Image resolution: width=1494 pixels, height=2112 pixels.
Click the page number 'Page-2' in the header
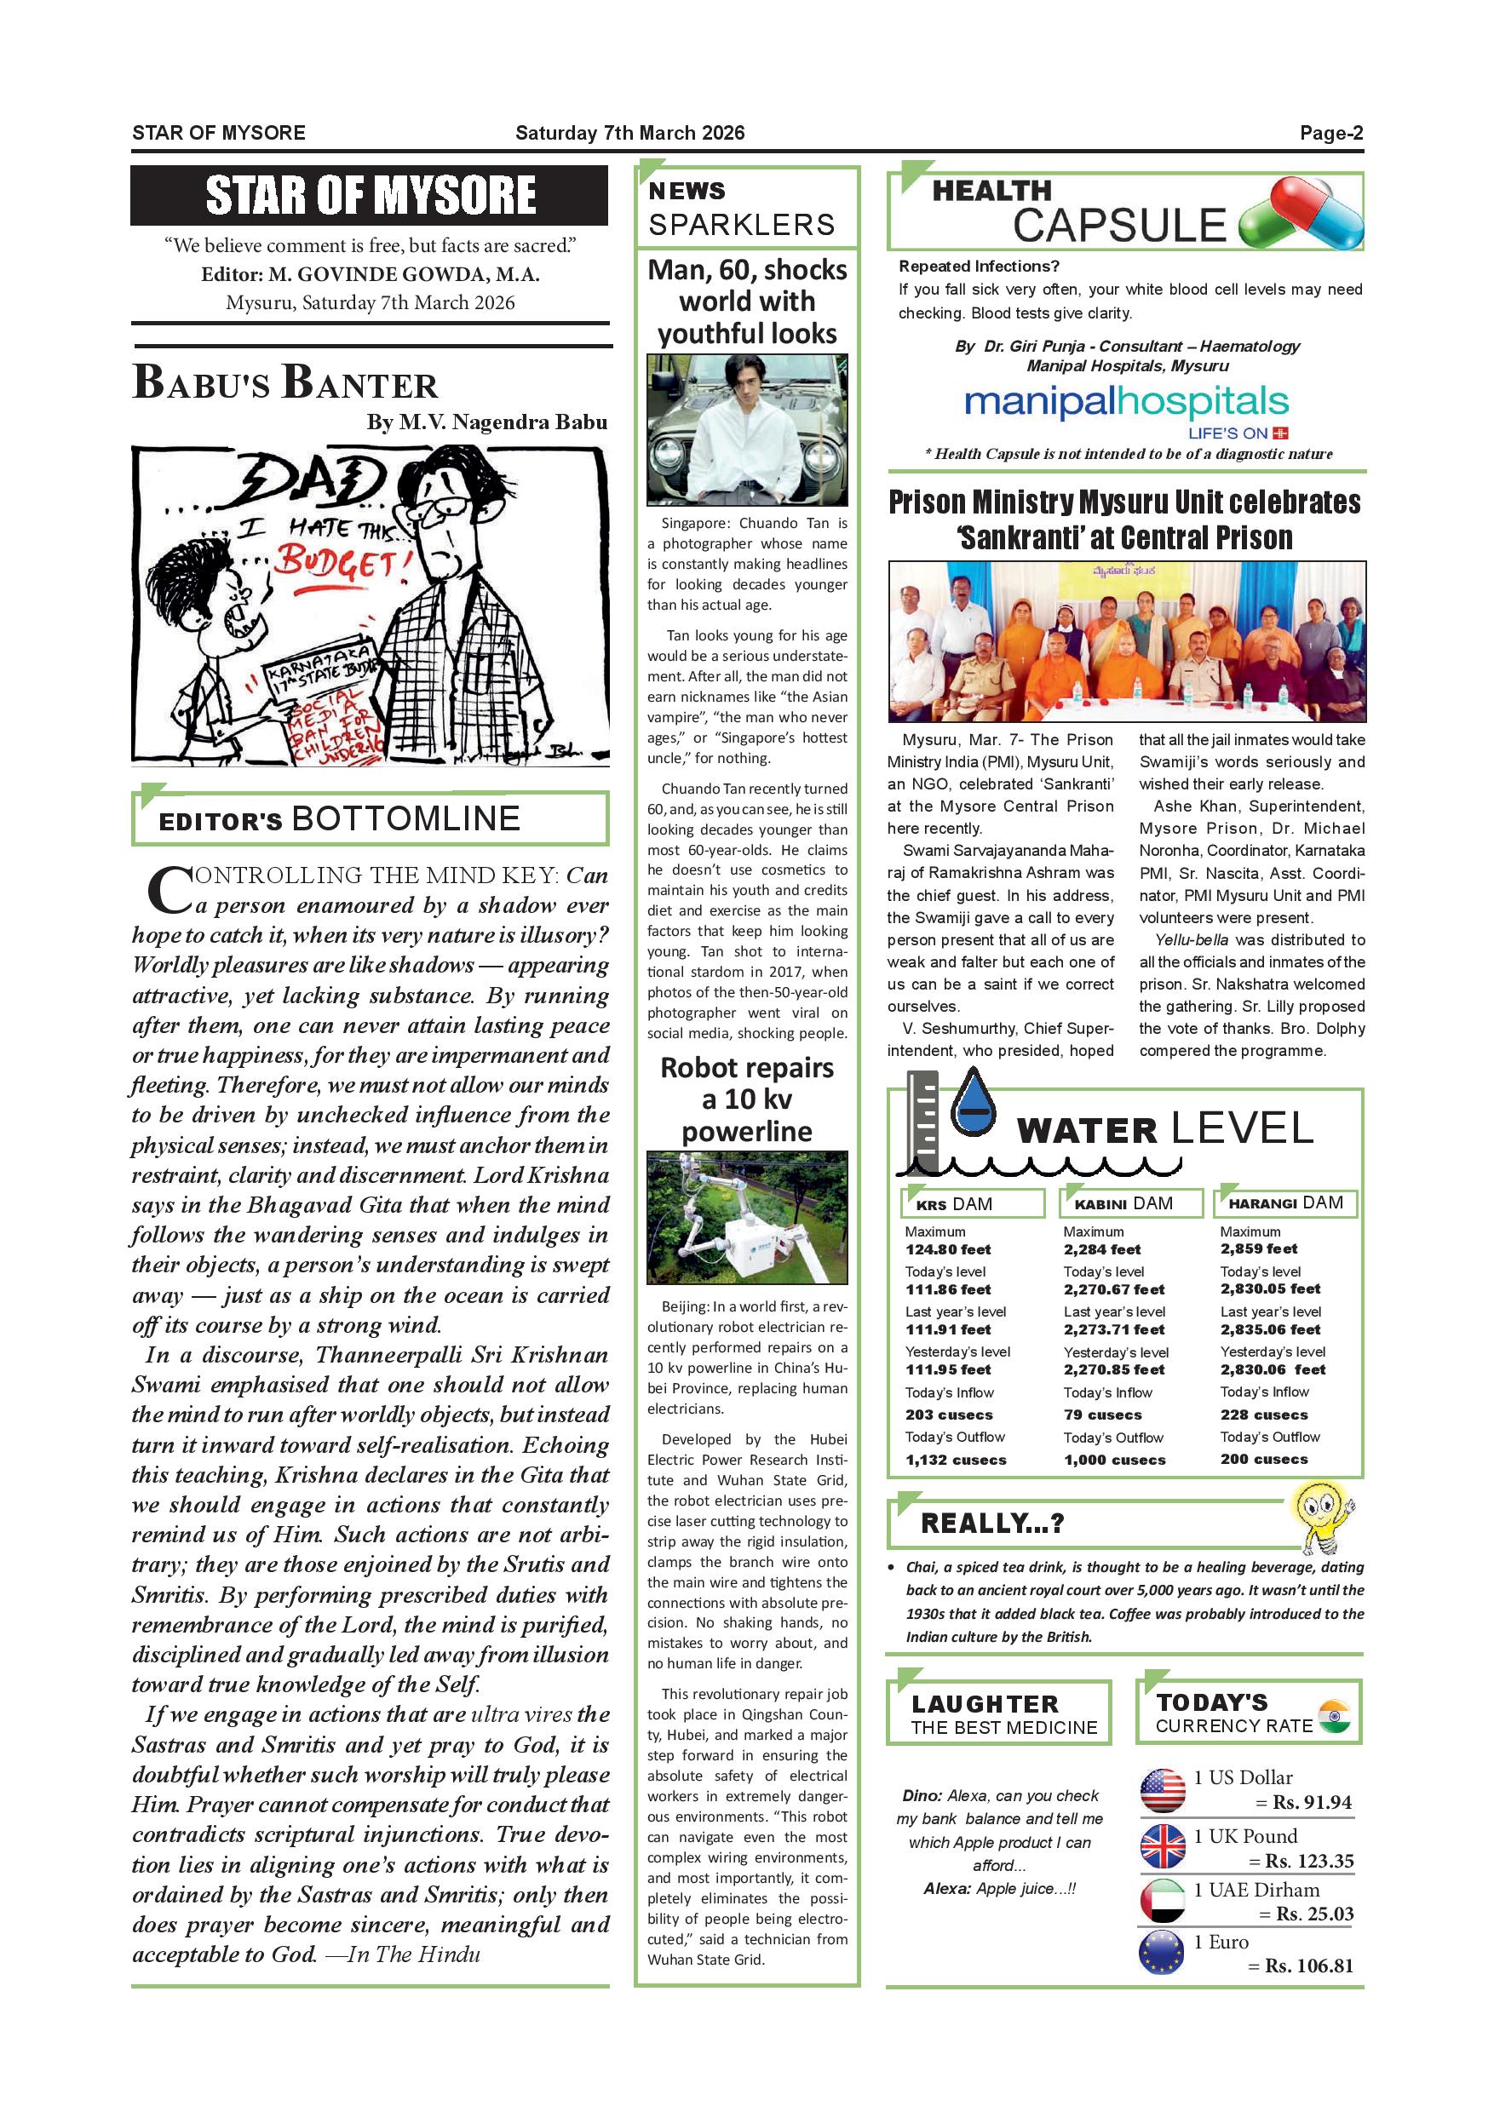pos(1330,134)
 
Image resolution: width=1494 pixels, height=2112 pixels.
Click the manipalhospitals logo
pos(1125,402)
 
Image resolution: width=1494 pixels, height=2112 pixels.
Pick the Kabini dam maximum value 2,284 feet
pos(1101,1249)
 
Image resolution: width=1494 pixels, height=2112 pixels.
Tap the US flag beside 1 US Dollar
pos(1162,1790)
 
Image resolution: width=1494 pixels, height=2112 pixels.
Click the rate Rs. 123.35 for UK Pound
pos(1309,1861)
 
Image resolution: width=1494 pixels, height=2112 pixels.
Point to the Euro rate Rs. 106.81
pos(1309,1966)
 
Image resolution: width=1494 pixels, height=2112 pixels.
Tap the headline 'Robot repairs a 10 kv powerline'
pos(746,1099)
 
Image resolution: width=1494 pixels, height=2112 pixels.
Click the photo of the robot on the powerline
pos(746,1216)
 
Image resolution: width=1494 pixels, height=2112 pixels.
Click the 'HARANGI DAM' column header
pos(1285,1203)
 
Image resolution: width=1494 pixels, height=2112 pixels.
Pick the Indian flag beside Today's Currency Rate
pos(1334,1715)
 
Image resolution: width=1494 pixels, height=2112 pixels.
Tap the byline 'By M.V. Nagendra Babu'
pos(486,422)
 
